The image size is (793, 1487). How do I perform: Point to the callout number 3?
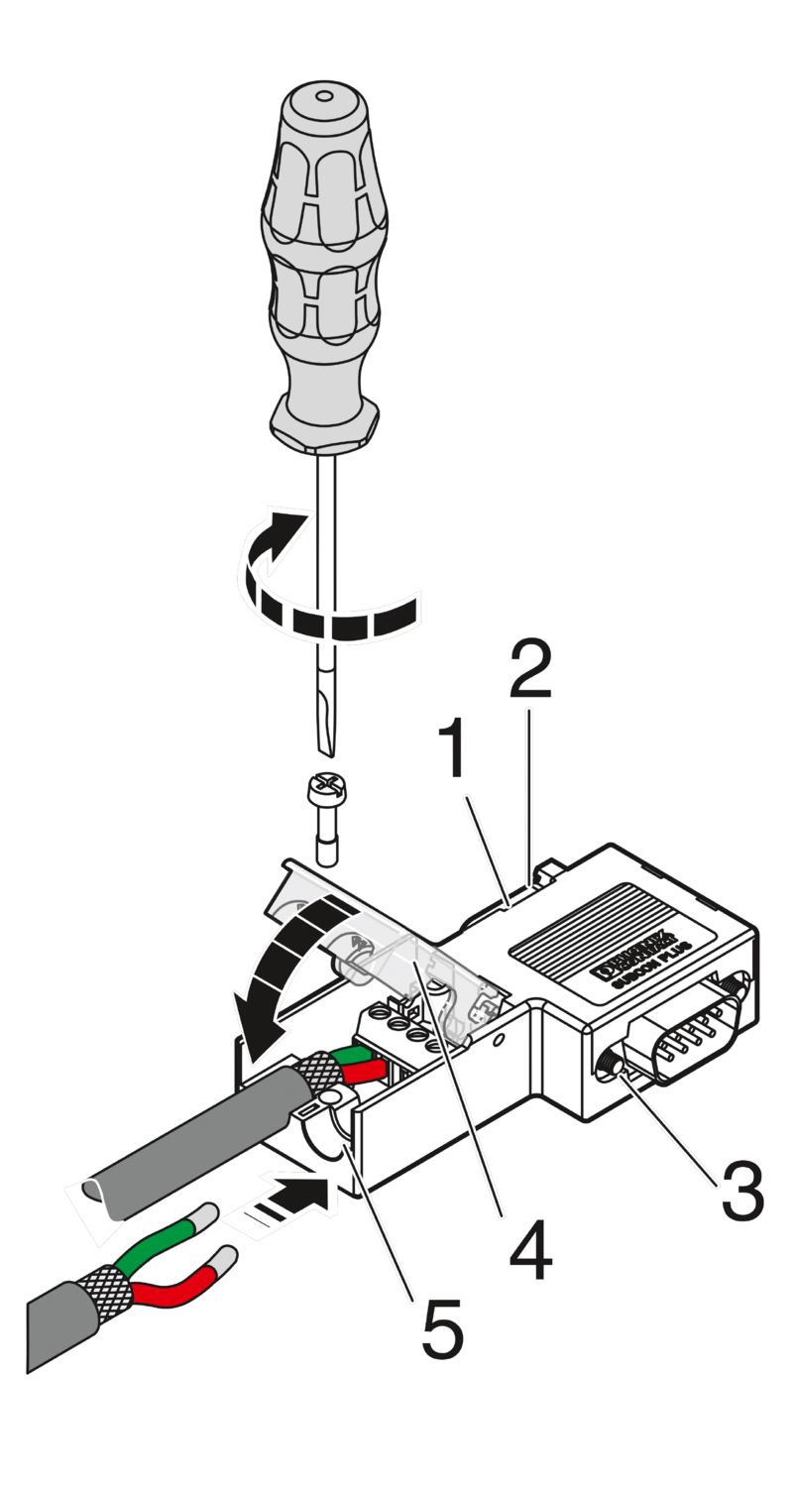(x=742, y=1190)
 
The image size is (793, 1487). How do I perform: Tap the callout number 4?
(x=530, y=1251)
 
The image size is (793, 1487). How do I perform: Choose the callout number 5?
(x=442, y=1328)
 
